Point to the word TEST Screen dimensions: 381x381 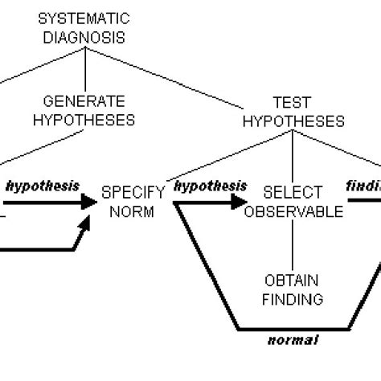(x=292, y=103)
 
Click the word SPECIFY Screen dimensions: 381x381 (x=133, y=194)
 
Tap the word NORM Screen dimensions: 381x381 (x=133, y=212)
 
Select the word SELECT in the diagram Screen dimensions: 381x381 (x=293, y=194)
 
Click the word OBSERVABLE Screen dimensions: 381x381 (x=293, y=212)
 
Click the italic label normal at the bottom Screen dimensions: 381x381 (x=293, y=340)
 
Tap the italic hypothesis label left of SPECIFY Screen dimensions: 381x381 (x=42, y=185)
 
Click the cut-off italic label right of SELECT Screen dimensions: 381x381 (x=363, y=185)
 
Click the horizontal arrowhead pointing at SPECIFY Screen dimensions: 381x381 (x=86, y=203)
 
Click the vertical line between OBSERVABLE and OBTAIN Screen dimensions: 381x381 (x=293, y=245)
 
